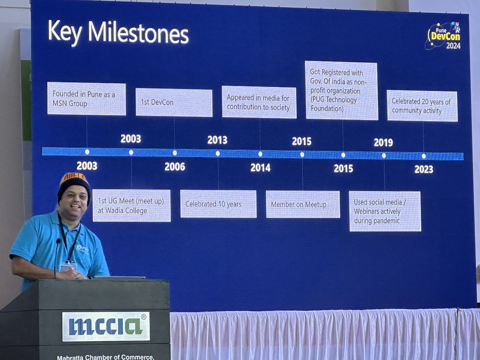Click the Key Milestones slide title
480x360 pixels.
[118, 33]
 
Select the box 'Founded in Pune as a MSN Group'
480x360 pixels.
[86, 98]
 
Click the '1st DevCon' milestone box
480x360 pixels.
[174, 102]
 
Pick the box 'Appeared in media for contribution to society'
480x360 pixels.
[259, 102]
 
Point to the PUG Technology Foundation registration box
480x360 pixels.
[342, 90]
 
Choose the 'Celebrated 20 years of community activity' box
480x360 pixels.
[422, 106]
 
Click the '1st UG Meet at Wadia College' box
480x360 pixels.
[132, 206]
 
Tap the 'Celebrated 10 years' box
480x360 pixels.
[218, 204]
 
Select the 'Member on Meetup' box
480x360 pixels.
[303, 204]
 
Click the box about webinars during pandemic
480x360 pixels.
[385, 211]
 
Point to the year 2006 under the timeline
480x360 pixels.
[174, 167]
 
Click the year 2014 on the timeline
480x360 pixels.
[260, 168]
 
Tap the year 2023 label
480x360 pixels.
[424, 169]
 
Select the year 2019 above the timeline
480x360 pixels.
[383, 142]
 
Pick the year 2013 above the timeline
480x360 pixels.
[217, 140]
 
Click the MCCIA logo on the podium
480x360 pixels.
[106, 326]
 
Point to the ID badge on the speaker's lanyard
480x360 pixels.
[68, 266]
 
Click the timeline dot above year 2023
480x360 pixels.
[424, 156]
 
